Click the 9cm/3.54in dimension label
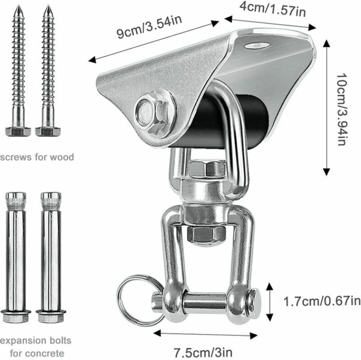[x=149, y=26]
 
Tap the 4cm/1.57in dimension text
[x=273, y=9]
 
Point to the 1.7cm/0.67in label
[x=322, y=302]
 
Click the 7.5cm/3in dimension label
[x=203, y=352]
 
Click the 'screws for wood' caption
[x=37, y=157]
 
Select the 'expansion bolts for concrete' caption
[x=35, y=346]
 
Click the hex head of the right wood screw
[x=48, y=132]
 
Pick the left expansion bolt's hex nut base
[x=16, y=316]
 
